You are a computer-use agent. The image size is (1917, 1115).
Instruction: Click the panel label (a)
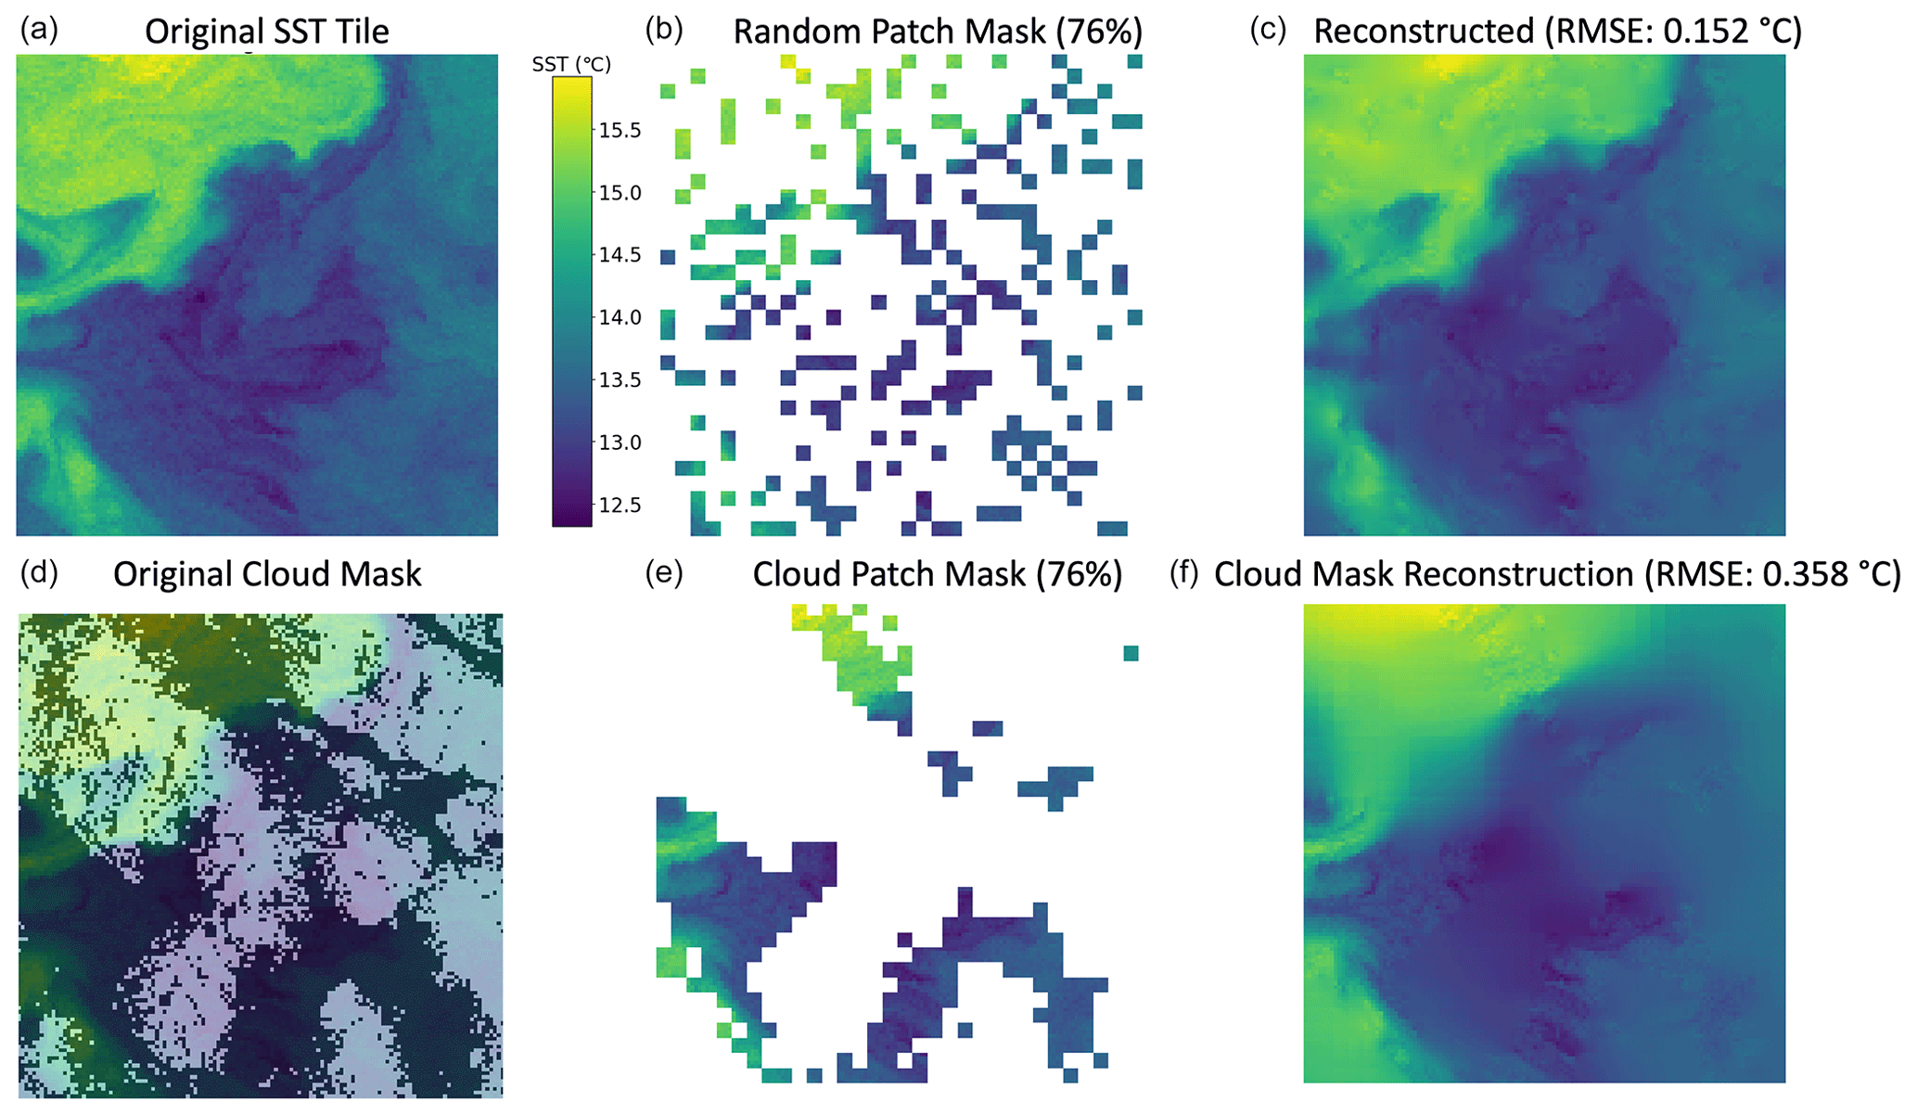(39, 31)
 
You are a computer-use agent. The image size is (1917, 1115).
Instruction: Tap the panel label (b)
(664, 31)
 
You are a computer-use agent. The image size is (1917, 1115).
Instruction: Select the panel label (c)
(1268, 31)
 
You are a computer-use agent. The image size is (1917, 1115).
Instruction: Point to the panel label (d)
(39, 573)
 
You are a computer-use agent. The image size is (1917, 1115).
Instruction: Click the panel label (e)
(664, 573)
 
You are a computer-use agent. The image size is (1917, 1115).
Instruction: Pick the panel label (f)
(1184, 573)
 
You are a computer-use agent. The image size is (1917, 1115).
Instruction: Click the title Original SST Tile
(267, 32)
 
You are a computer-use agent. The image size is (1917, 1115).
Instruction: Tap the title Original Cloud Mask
(267, 574)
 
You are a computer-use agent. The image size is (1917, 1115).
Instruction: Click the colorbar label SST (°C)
(571, 64)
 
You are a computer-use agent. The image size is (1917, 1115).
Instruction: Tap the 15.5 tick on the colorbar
(619, 130)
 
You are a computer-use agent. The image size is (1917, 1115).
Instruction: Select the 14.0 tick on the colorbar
(619, 317)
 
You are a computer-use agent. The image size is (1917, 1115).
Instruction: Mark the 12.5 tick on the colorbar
(619, 505)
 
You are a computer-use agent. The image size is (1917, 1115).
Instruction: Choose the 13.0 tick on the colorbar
(619, 442)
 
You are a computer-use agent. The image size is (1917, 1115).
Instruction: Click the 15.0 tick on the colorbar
(619, 192)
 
